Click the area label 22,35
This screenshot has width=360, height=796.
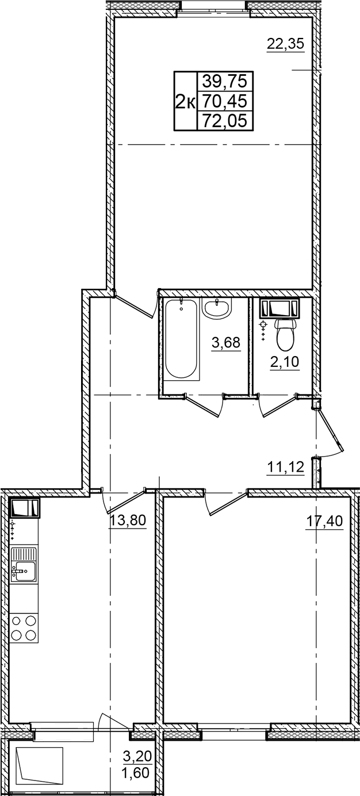[285, 44]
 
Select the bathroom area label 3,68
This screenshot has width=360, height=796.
[225, 343]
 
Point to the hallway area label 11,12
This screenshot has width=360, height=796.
[285, 467]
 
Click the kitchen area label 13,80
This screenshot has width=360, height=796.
[128, 521]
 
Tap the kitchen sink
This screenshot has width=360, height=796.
[23, 565]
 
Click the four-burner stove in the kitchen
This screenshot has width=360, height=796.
[24, 627]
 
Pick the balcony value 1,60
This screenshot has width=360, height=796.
[138, 772]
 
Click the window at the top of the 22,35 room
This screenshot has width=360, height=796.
[213, 7]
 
